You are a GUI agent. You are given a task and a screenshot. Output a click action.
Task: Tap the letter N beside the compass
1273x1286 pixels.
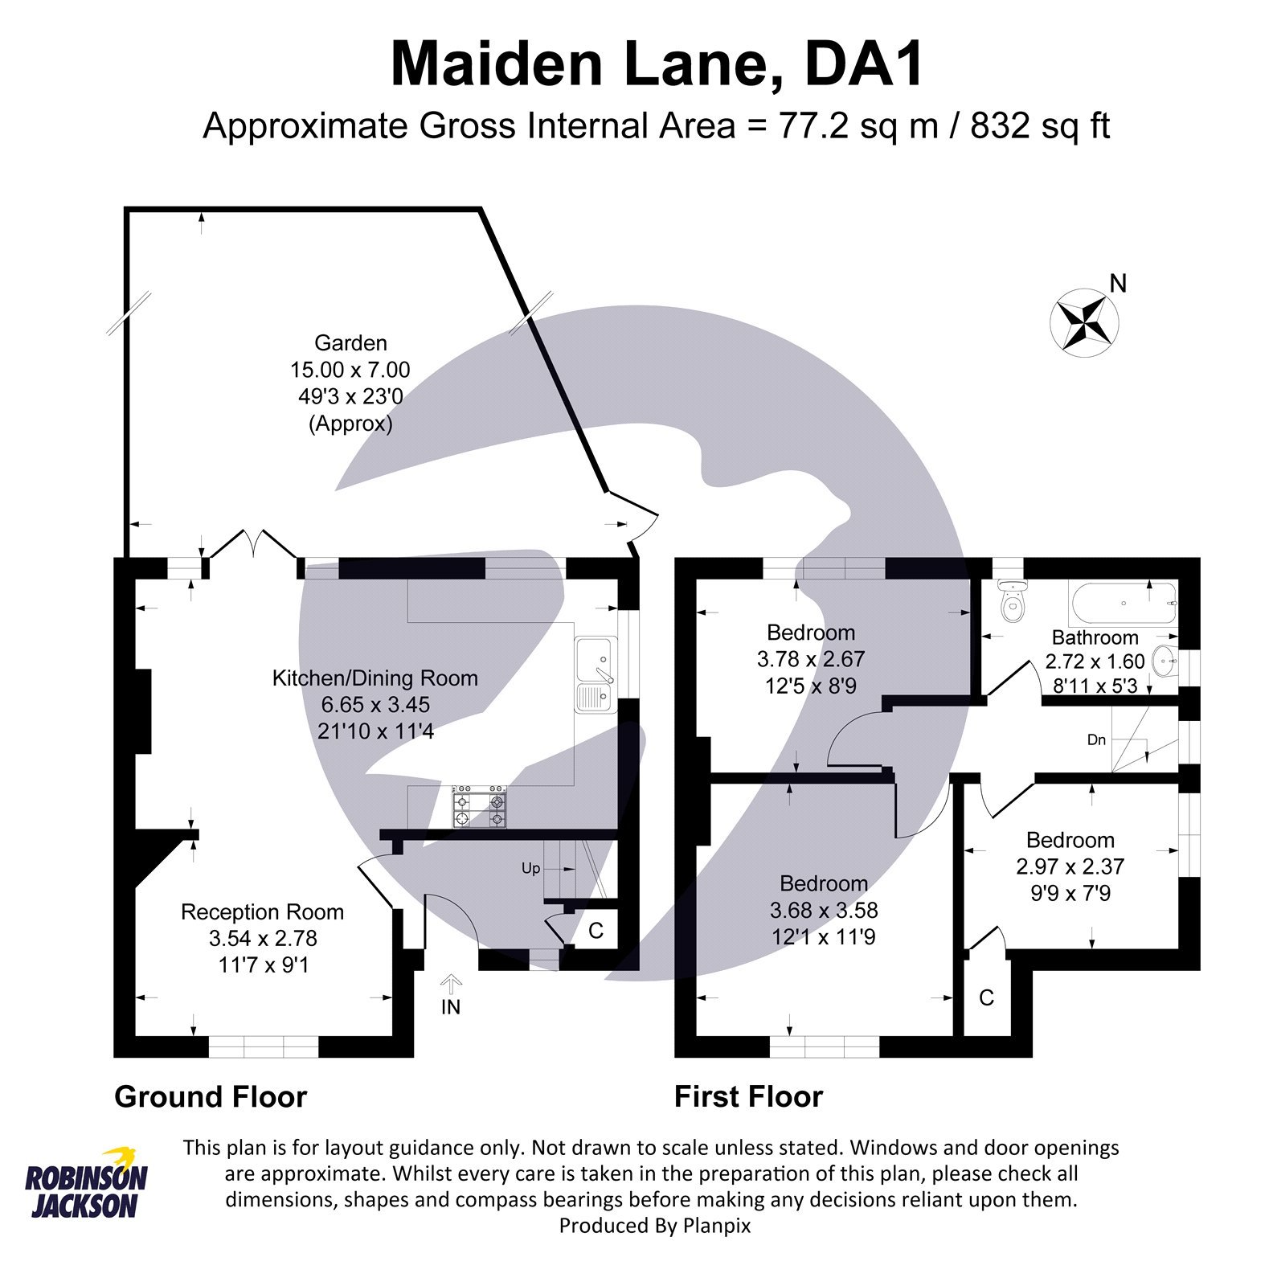tap(1118, 284)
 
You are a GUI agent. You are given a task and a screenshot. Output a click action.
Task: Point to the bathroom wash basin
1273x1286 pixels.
tap(1165, 663)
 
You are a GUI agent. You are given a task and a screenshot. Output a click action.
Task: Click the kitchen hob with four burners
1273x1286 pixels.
tap(480, 807)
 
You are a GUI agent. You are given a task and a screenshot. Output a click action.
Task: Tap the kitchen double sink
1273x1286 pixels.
tap(595, 674)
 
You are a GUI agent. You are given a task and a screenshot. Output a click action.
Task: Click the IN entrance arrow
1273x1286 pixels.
tap(451, 984)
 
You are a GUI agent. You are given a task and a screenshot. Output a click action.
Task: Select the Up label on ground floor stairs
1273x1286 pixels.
tap(531, 869)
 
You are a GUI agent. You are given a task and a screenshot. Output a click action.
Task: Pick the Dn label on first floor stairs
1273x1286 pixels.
tap(1096, 739)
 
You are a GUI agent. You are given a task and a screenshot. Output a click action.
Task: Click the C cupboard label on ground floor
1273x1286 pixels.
tap(596, 930)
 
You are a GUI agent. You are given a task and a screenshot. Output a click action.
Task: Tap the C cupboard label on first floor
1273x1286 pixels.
tap(986, 997)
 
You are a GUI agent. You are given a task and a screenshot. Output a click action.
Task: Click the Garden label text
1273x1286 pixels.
tap(350, 343)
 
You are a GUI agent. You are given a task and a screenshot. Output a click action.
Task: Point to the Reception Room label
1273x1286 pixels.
tap(262, 911)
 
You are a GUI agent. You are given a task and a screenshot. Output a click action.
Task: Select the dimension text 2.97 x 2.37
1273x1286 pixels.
tap(1070, 866)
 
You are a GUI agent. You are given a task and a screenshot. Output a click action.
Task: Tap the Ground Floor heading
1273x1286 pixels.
tap(211, 1096)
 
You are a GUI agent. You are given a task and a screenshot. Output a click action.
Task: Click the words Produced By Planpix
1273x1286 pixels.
tap(655, 1225)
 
